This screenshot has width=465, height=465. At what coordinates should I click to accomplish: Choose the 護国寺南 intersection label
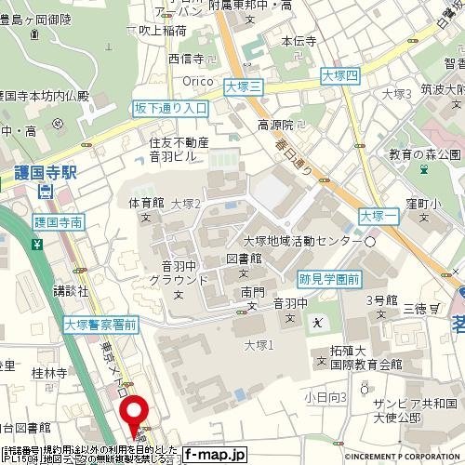coord(58,222)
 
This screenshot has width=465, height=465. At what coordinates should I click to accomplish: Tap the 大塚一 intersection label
coord(379,216)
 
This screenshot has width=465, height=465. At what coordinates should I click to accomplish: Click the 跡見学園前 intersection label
coord(330,278)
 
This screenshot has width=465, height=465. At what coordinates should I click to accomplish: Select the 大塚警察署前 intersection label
coord(100,325)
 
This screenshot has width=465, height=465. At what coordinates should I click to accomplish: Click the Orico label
coord(198,81)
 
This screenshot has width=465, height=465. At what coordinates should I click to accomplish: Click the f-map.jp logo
coord(214,455)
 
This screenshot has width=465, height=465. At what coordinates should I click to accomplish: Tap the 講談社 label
coord(71,290)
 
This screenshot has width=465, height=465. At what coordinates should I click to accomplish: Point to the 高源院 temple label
coord(275,125)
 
